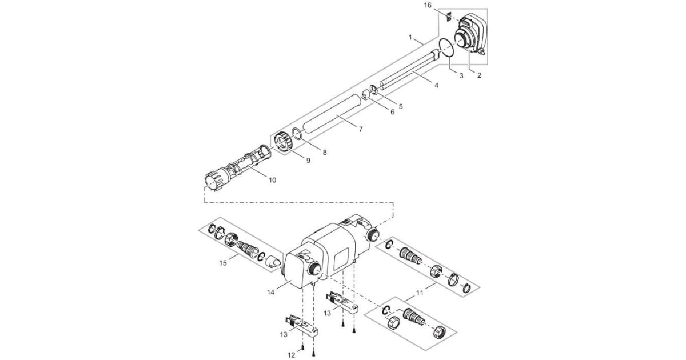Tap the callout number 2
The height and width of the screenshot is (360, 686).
479,75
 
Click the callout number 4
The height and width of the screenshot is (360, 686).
436,86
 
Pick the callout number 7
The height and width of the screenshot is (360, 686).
360,130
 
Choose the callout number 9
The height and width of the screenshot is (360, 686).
308,161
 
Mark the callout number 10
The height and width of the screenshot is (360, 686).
272,180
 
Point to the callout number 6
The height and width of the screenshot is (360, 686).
392,112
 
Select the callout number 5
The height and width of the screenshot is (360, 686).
400,106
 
